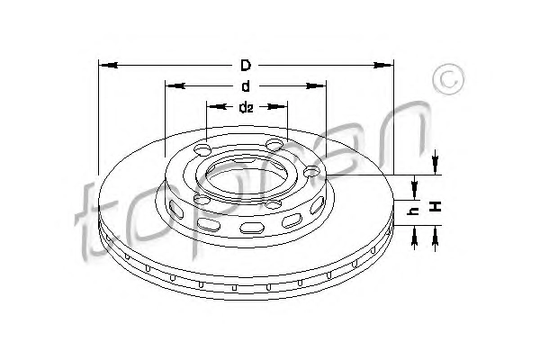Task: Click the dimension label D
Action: pyautogui.click(x=246, y=65)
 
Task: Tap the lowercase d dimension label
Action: pyautogui.click(x=246, y=86)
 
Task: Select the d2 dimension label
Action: pyautogui.click(x=246, y=107)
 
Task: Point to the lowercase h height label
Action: pyautogui.click(x=413, y=211)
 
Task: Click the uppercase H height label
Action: pyautogui.click(x=436, y=207)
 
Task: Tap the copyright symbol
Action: pyautogui.click(x=449, y=79)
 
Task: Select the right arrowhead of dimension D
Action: pyautogui.click(x=383, y=65)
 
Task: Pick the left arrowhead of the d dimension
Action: pyautogui.click(x=175, y=85)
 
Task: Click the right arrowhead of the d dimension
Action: pyautogui.click(x=316, y=85)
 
